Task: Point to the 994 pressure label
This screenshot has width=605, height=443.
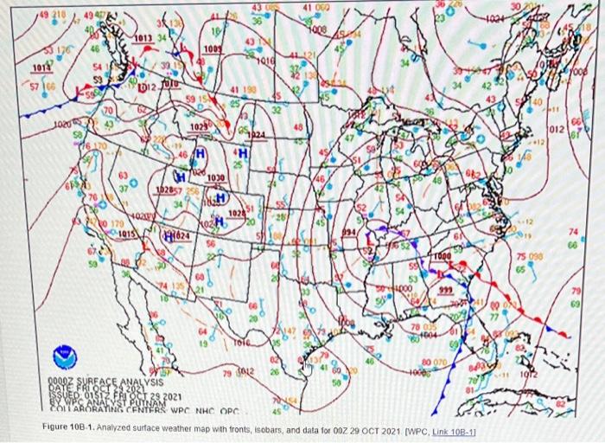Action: coord(347,233)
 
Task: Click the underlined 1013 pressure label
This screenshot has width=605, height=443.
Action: coord(143,38)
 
